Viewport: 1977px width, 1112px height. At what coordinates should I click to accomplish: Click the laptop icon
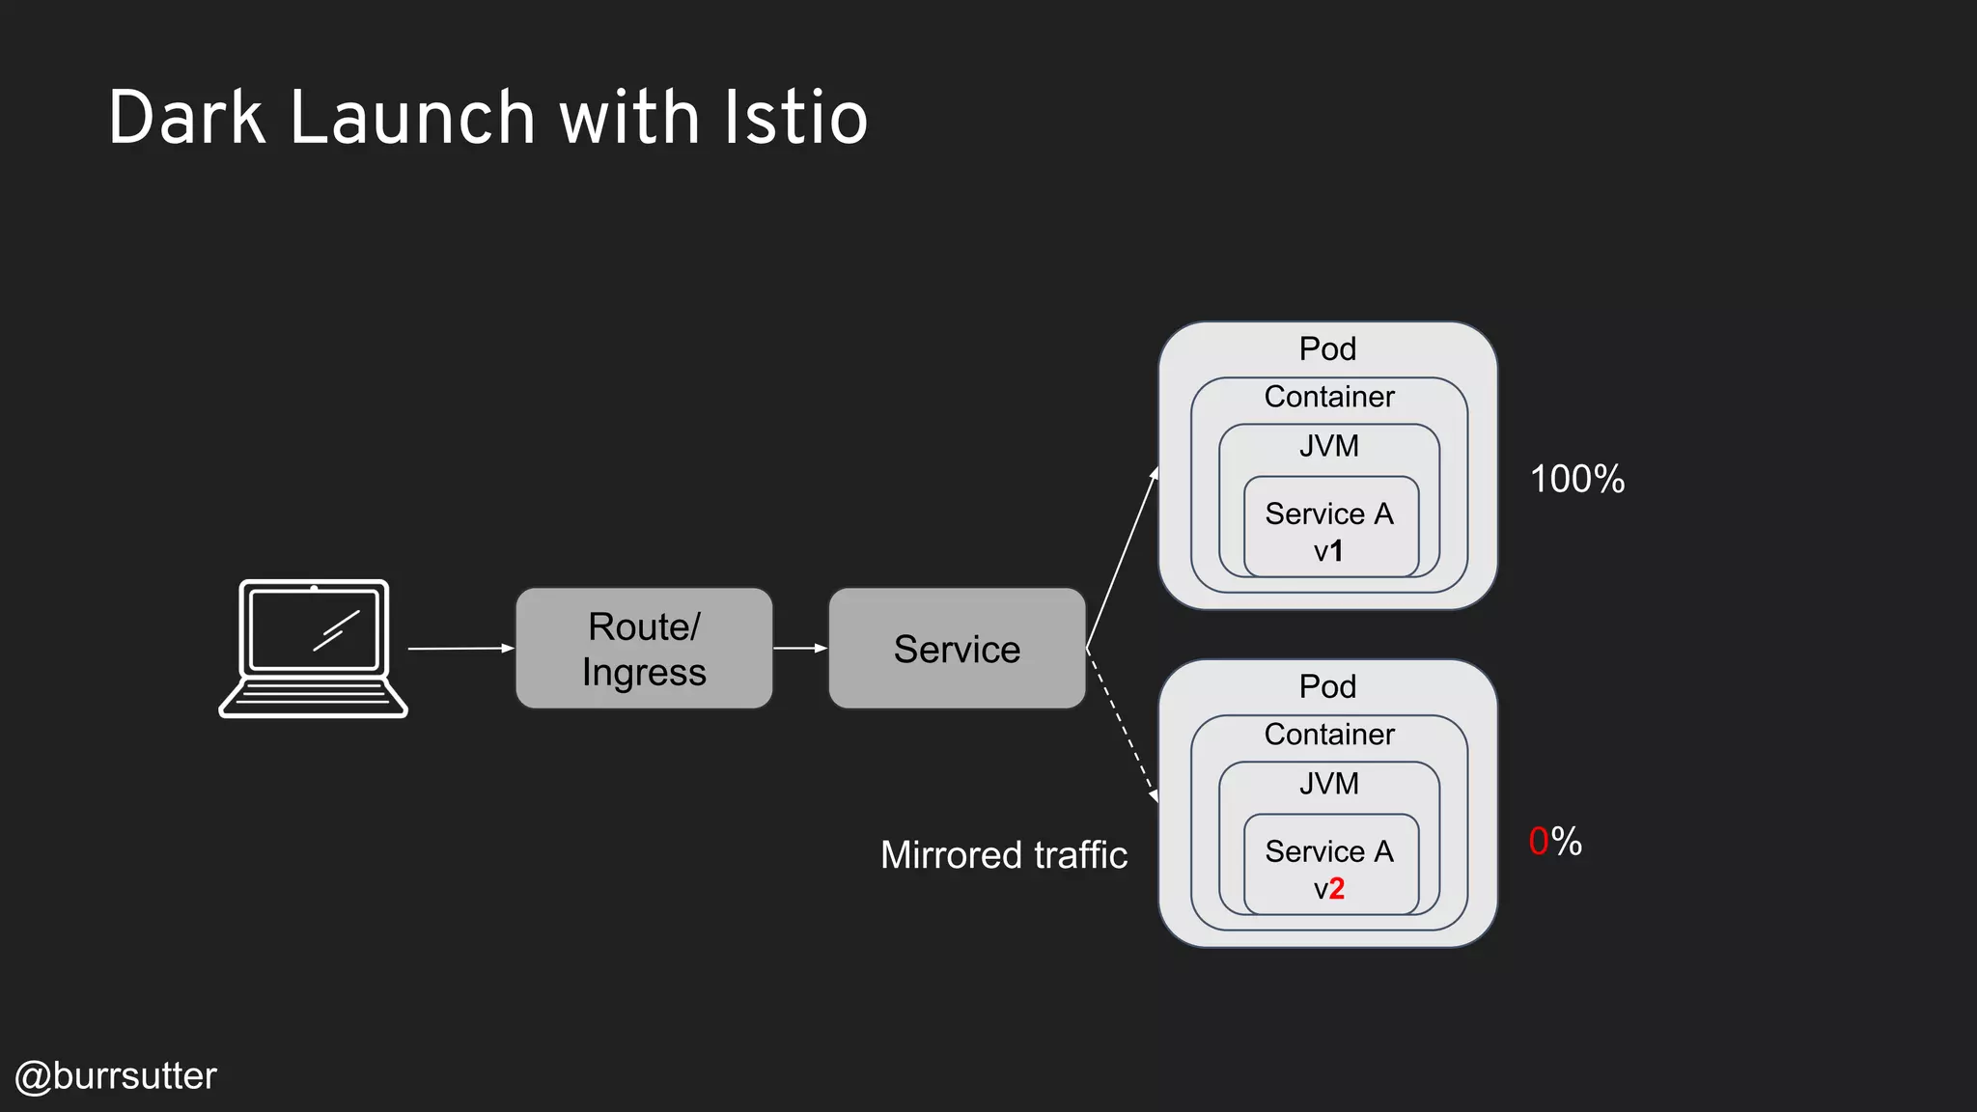tap(314, 648)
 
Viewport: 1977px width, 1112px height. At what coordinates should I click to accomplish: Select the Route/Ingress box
tap(644, 649)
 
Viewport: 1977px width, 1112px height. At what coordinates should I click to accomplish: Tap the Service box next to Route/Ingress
tap(957, 649)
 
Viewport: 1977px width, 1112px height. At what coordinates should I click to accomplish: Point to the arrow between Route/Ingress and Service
tap(800, 648)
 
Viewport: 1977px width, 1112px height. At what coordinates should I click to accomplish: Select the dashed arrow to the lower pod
tap(1122, 726)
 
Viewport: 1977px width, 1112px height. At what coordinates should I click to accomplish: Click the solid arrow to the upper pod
tap(1122, 558)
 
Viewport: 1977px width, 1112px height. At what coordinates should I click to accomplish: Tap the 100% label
tap(1577, 480)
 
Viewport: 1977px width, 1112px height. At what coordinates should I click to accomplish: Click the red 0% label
tap(1555, 842)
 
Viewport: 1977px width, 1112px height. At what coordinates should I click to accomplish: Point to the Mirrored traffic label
tap(1004, 855)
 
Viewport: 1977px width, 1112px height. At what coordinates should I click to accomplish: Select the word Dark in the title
tap(187, 118)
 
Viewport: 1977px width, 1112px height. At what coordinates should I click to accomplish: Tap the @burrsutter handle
tap(116, 1076)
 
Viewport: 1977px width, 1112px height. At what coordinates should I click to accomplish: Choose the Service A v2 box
tap(1330, 866)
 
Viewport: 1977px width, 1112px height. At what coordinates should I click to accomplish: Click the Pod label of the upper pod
tap(1327, 348)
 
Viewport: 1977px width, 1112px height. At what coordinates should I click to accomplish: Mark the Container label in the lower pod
tap(1329, 735)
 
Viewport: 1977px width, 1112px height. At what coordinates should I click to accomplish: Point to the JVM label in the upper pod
tap(1329, 446)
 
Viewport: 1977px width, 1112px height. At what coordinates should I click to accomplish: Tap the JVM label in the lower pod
tap(1329, 784)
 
